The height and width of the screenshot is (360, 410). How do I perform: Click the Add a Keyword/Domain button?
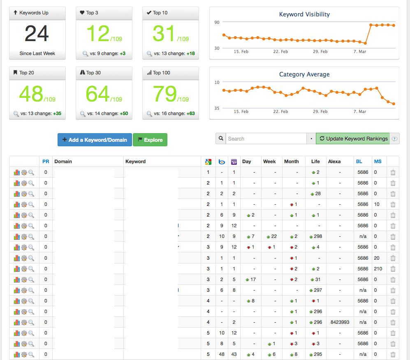(x=95, y=140)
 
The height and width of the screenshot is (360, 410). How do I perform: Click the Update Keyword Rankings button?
(x=353, y=139)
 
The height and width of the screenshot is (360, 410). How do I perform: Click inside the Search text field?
(x=266, y=139)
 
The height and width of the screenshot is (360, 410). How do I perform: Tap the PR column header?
(x=46, y=162)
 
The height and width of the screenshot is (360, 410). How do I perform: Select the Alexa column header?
(x=334, y=162)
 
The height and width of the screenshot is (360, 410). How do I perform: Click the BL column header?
(x=359, y=162)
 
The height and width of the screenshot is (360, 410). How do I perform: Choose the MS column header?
(x=378, y=162)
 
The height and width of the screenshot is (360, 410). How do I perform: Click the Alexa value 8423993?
(x=340, y=322)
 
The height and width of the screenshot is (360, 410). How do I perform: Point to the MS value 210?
(x=378, y=269)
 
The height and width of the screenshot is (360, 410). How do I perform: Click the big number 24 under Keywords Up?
(x=37, y=33)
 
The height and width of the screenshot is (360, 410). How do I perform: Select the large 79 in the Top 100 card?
(x=165, y=94)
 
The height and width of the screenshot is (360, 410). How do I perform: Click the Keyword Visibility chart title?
(x=304, y=14)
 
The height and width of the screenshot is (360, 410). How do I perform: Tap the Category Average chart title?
(x=304, y=74)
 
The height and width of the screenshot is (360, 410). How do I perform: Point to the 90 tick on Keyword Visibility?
(x=217, y=22)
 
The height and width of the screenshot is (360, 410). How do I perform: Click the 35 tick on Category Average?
(x=217, y=108)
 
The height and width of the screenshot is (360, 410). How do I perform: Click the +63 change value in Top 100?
(x=191, y=113)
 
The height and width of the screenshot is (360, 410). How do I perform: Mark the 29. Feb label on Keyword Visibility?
(x=320, y=51)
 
